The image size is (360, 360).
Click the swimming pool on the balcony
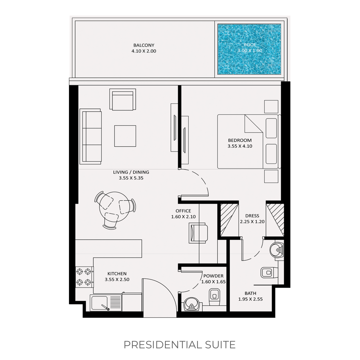pos(249,49)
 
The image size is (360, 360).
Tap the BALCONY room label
pos(144,45)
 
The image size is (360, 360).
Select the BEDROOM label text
pos(240,140)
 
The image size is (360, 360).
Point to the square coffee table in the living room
pos(125,136)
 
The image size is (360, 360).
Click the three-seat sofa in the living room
pos(90,136)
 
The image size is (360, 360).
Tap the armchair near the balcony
pos(123,99)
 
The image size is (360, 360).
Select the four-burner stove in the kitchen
pos(84,277)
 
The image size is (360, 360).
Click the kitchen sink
pos(99,303)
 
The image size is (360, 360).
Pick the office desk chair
pos(198,233)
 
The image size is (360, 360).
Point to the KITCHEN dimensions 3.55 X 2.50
pos(117,279)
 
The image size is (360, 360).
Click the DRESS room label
pos(252,216)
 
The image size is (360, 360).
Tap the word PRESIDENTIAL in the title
pos(159,345)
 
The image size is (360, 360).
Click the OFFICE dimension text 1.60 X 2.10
pos(183,217)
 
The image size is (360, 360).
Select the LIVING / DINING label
pos(131,172)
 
